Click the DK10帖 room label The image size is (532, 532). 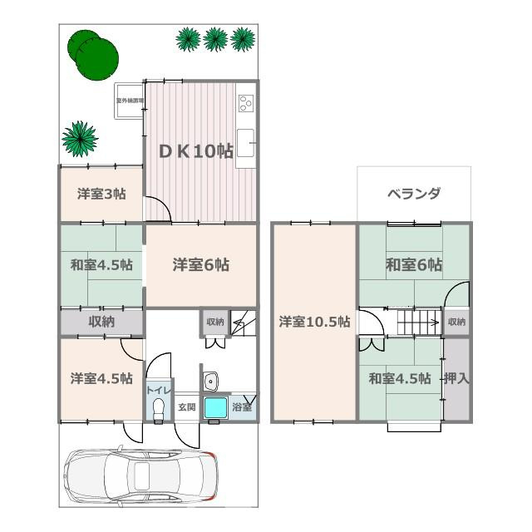coord(196,150)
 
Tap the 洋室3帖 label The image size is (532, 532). coord(101,195)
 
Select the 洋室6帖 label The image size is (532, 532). coord(201,265)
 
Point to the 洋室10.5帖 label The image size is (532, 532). coord(314,322)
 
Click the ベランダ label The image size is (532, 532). coord(413,194)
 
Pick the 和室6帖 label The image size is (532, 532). coord(413,265)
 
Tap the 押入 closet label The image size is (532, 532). coord(457,378)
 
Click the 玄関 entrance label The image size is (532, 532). coord(186,407)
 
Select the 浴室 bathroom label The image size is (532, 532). coord(243,407)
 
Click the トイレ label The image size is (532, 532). coord(159,390)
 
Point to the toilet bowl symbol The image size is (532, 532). coord(159,408)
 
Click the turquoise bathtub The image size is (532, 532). coord(215,408)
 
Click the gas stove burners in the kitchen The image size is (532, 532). coord(246,103)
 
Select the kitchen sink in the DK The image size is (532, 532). coord(246,138)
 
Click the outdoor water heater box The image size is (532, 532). coord(130,101)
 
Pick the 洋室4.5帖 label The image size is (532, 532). coord(101,378)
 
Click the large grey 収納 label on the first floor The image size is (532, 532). coord(101,322)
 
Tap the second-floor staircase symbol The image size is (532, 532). coord(418,320)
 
